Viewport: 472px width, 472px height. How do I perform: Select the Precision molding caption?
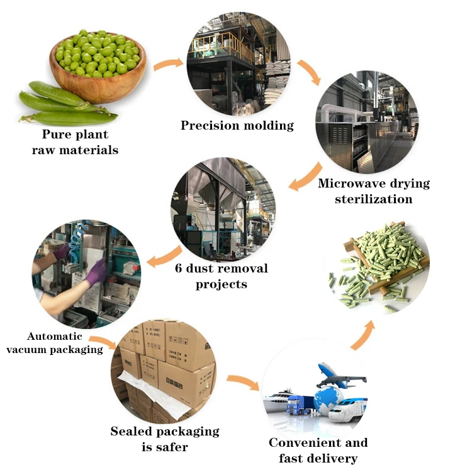click(x=237, y=125)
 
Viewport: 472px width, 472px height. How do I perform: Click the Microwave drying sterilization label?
click(x=374, y=191)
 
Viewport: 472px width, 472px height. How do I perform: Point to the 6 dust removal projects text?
click(x=222, y=276)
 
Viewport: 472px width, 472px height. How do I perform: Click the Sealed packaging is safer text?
click(x=165, y=439)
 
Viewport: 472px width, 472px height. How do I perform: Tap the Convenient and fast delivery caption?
click(x=318, y=450)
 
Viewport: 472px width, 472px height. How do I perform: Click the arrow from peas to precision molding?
click(x=167, y=63)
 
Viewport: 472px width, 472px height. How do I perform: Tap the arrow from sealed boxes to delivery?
click(x=242, y=382)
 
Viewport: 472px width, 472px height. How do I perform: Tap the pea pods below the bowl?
click(x=66, y=107)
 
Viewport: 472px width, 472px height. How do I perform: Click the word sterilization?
click(x=374, y=199)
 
